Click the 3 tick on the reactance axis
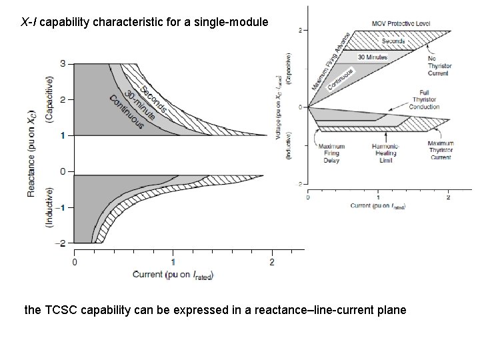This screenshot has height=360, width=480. pyautogui.click(x=62, y=63)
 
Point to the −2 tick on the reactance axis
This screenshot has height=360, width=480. pyautogui.click(x=61, y=243)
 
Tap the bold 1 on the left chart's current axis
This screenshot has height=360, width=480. pyautogui.click(x=173, y=261)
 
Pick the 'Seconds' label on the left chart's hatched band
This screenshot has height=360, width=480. pyautogui.click(x=154, y=98)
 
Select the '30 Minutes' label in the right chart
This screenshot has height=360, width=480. pyautogui.click(x=373, y=57)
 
